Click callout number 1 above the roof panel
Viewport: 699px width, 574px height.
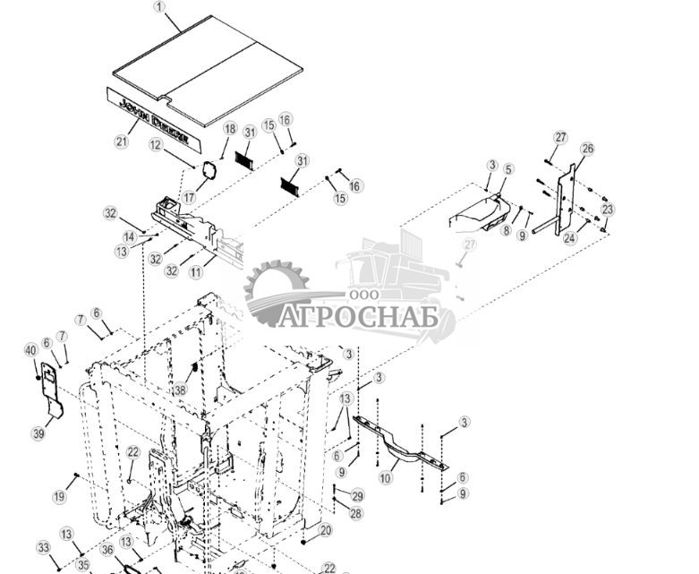(160, 6)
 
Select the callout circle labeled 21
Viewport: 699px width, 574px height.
(122, 141)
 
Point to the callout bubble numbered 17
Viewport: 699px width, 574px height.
(189, 197)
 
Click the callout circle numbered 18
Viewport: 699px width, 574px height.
(229, 129)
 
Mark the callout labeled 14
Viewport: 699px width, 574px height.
(128, 237)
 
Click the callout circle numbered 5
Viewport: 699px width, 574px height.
(508, 168)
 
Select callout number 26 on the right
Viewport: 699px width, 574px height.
(587, 149)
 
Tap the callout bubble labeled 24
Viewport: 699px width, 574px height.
(569, 239)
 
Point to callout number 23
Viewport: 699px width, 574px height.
(608, 209)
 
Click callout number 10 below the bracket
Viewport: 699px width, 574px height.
(386, 478)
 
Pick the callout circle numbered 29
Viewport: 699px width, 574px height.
(357, 496)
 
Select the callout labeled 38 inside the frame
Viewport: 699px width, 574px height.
(180, 390)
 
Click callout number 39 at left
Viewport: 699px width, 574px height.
(38, 433)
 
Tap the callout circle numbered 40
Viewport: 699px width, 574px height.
(30, 350)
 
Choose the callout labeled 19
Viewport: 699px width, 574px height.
(59, 496)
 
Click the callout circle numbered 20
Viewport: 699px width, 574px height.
(326, 530)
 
